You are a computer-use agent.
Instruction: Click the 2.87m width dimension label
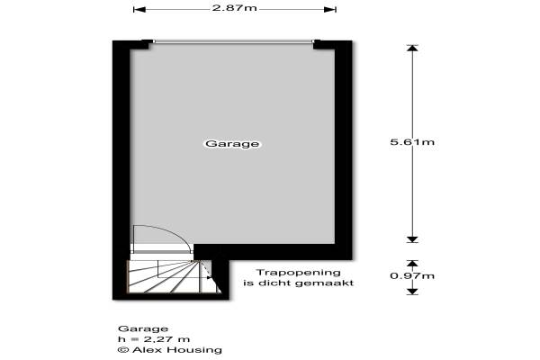click(x=234, y=10)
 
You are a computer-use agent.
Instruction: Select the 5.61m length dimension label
click(x=412, y=142)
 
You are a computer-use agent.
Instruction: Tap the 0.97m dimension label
click(x=412, y=274)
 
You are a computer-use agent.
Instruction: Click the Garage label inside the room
click(x=232, y=144)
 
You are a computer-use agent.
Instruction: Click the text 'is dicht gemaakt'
click(x=298, y=283)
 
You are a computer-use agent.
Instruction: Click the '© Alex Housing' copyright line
click(x=169, y=350)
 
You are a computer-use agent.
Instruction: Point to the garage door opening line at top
click(x=234, y=41)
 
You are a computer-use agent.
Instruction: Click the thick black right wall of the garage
click(x=342, y=144)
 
